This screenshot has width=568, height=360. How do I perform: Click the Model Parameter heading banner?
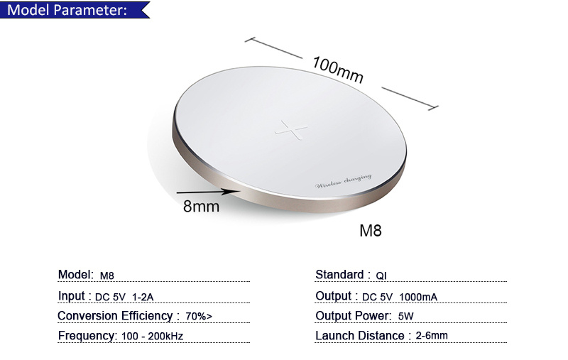[x=75, y=9]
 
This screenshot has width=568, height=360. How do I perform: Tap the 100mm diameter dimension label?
[x=338, y=70]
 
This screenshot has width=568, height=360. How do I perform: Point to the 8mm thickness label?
[x=201, y=207]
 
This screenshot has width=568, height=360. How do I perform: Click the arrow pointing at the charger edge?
[x=208, y=192]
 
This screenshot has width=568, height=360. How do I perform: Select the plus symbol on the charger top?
[x=291, y=130]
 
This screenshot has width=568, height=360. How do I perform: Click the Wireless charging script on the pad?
[x=343, y=181]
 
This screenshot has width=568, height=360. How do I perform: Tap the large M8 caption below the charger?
[x=370, y=231]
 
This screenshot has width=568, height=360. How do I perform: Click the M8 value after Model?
[x=107, y=276]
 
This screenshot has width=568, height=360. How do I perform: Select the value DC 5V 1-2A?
[x=124, y=298]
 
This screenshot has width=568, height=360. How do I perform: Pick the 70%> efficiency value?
[x=199, y=316]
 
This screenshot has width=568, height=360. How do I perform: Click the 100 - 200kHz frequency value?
[x=152, y=336]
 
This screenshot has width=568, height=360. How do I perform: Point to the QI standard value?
[x=381, y=276]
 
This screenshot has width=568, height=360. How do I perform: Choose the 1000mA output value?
[x=418, y=298]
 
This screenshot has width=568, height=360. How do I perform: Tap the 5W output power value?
[x=405, y=316]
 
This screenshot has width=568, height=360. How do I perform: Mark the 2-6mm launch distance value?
[x=432, y=336]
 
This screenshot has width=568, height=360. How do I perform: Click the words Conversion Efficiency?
[x=115, y=316]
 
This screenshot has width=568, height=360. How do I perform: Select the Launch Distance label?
[x=360, y=336]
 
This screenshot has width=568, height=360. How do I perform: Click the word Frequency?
[x=87, y=336]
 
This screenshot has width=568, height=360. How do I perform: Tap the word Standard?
[x=339, y=275]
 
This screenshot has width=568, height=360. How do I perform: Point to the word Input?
[x=72, y=296]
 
